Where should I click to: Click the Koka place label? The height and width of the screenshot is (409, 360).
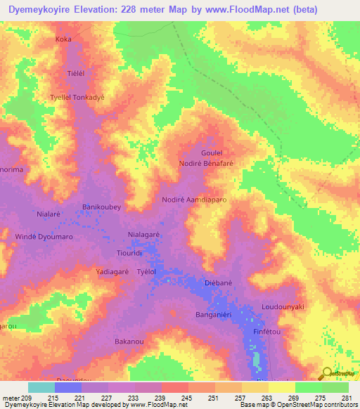[x=63, y=39]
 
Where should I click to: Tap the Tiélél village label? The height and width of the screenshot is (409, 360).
[x=75, y=72]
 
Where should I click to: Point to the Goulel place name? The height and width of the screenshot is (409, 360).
[x=212, y=152]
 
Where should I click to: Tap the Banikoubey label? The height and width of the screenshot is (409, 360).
[x=102, y=207]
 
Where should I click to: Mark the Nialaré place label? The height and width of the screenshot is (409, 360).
[x=51, y=213]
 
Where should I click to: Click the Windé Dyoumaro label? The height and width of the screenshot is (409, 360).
[x=44, y=238]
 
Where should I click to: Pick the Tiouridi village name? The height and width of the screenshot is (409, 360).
[x=129, y=252]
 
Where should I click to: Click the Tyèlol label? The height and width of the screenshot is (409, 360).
[x=146, y=271]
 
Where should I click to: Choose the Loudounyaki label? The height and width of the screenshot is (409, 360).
[x=282, y=307]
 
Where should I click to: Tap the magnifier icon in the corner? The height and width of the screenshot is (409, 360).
[x=326, y=374]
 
